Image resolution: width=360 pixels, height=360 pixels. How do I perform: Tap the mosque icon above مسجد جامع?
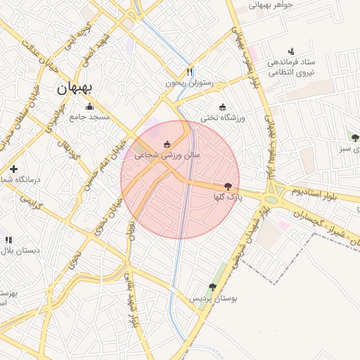[89, 107]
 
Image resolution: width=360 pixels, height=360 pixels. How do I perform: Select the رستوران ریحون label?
[188, 83]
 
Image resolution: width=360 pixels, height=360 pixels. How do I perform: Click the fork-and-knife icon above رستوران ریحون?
[188, 72]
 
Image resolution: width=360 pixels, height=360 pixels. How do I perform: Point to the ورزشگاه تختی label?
[223, 117]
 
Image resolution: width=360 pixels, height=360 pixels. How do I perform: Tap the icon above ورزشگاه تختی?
[223, 107]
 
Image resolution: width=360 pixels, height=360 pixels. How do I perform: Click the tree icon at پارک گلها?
[228, 186]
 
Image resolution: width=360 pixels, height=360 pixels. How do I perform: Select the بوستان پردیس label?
[212, 298]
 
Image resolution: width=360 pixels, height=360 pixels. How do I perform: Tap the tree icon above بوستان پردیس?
[212, 287]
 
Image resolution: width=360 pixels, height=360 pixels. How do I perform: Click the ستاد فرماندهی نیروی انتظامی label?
[291, 66]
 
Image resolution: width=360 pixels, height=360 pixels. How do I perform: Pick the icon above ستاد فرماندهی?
[291, 51]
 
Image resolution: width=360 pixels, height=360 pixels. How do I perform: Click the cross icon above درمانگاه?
[13, 169]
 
